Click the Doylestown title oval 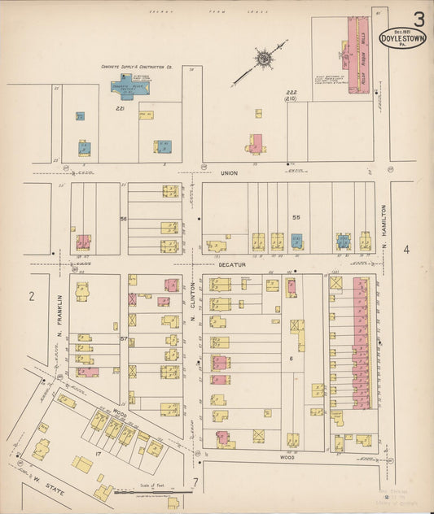402,38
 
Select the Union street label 230,173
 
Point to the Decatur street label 230,264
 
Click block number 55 296,218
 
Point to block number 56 124,220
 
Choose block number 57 124,338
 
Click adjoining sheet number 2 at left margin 31,297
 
